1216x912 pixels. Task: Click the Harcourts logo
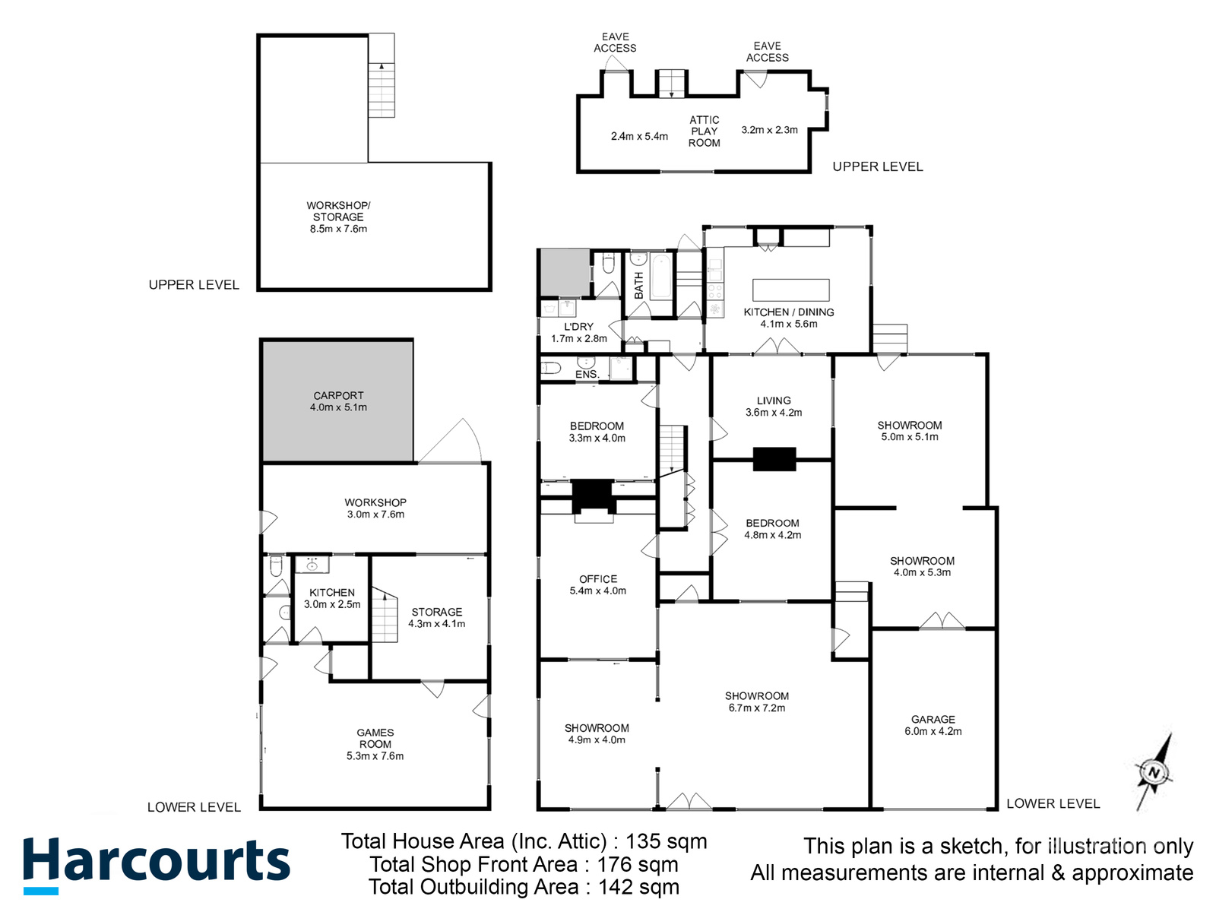(156, 865)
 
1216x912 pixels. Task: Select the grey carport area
(338, 401)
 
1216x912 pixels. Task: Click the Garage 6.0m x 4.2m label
(933, 725)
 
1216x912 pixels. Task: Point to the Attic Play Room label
(704, 131)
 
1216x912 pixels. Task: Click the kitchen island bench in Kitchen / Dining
(790, 290)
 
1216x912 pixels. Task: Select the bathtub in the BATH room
(660, 277)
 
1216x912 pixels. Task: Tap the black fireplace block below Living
(774, 459)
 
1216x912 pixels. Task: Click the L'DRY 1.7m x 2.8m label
(578, 333)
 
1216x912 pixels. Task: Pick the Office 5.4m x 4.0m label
(597, 584)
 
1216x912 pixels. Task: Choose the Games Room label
(375, 744)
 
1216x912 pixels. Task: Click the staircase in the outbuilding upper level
(382, 88)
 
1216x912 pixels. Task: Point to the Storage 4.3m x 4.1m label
(436, 617)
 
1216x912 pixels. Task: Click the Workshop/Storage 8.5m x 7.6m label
(338, 217)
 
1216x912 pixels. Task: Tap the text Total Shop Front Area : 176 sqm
(524, 865)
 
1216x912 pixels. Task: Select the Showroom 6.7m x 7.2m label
(756, 701)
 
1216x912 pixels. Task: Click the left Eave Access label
(615, 43)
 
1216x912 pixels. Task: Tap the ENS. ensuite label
(587, 375)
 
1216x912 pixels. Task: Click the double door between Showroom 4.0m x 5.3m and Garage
(942, 622)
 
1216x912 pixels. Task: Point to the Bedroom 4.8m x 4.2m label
(772, 529)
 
